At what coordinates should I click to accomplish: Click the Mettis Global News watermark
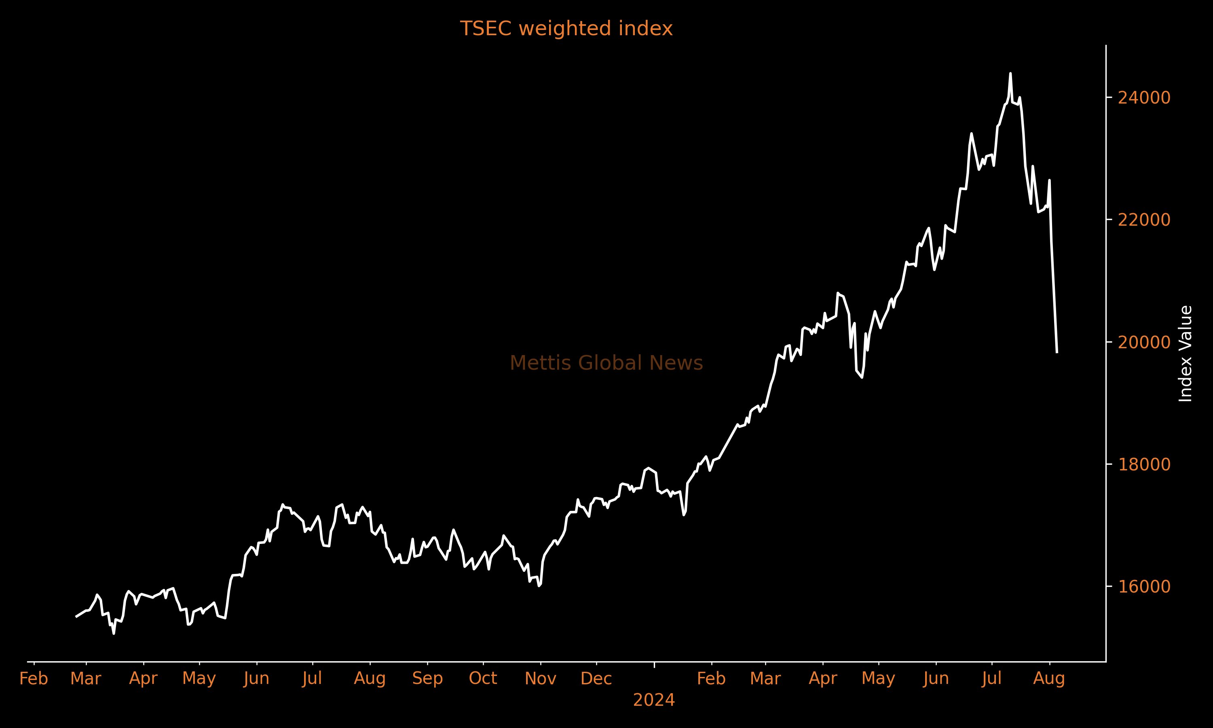[x=606, y=364]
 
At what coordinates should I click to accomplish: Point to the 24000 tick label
[x=1144, y=97]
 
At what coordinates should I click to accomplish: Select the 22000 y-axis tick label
[x=1144, y=220]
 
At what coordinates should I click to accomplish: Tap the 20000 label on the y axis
[x=1144, y=343]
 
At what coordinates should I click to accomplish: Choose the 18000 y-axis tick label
[x=1144, y=465]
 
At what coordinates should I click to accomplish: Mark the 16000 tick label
[x=1144, y=587]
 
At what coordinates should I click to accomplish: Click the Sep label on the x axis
[x=427, y=679]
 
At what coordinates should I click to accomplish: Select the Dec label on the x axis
[x=596, y=679]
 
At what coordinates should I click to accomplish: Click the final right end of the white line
[x=1057, y=352]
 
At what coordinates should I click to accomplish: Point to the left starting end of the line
[x=76, y=617]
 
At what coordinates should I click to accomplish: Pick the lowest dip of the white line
[x=114, y=633]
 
